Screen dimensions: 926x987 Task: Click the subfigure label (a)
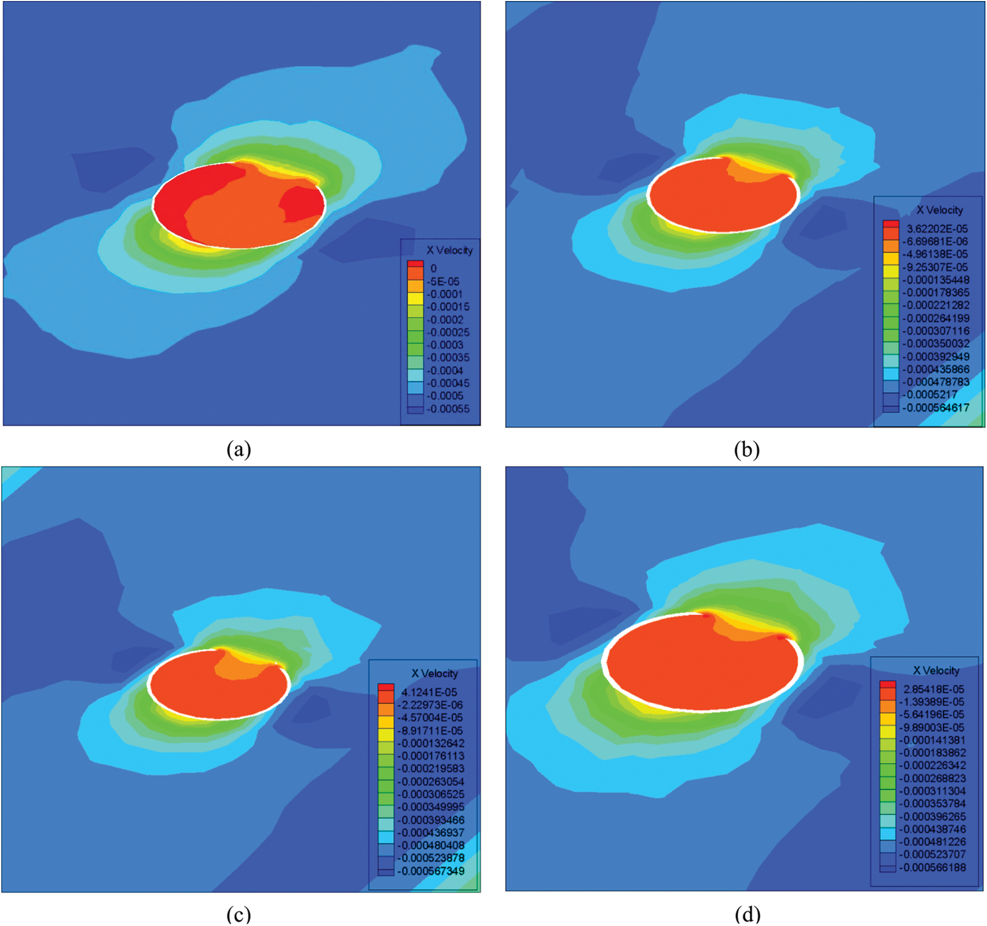239,449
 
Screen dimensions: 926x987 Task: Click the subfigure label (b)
747,449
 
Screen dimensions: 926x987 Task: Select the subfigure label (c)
239,914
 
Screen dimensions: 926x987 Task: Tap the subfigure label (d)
747,914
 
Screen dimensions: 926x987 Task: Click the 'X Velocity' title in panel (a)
449,250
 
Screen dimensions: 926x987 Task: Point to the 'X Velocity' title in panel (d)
936,671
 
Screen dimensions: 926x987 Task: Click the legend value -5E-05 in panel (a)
444,282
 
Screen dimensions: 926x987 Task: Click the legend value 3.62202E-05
937,229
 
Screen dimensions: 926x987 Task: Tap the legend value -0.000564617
936,408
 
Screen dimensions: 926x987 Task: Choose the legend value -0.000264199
936,318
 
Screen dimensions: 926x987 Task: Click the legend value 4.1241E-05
429,692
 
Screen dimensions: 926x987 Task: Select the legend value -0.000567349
431,871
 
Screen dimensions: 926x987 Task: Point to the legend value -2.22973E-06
430,705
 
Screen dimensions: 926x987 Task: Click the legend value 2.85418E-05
933,689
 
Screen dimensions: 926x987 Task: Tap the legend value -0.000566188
933,868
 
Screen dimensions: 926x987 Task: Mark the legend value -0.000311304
933,791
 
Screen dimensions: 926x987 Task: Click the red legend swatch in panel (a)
415,264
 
